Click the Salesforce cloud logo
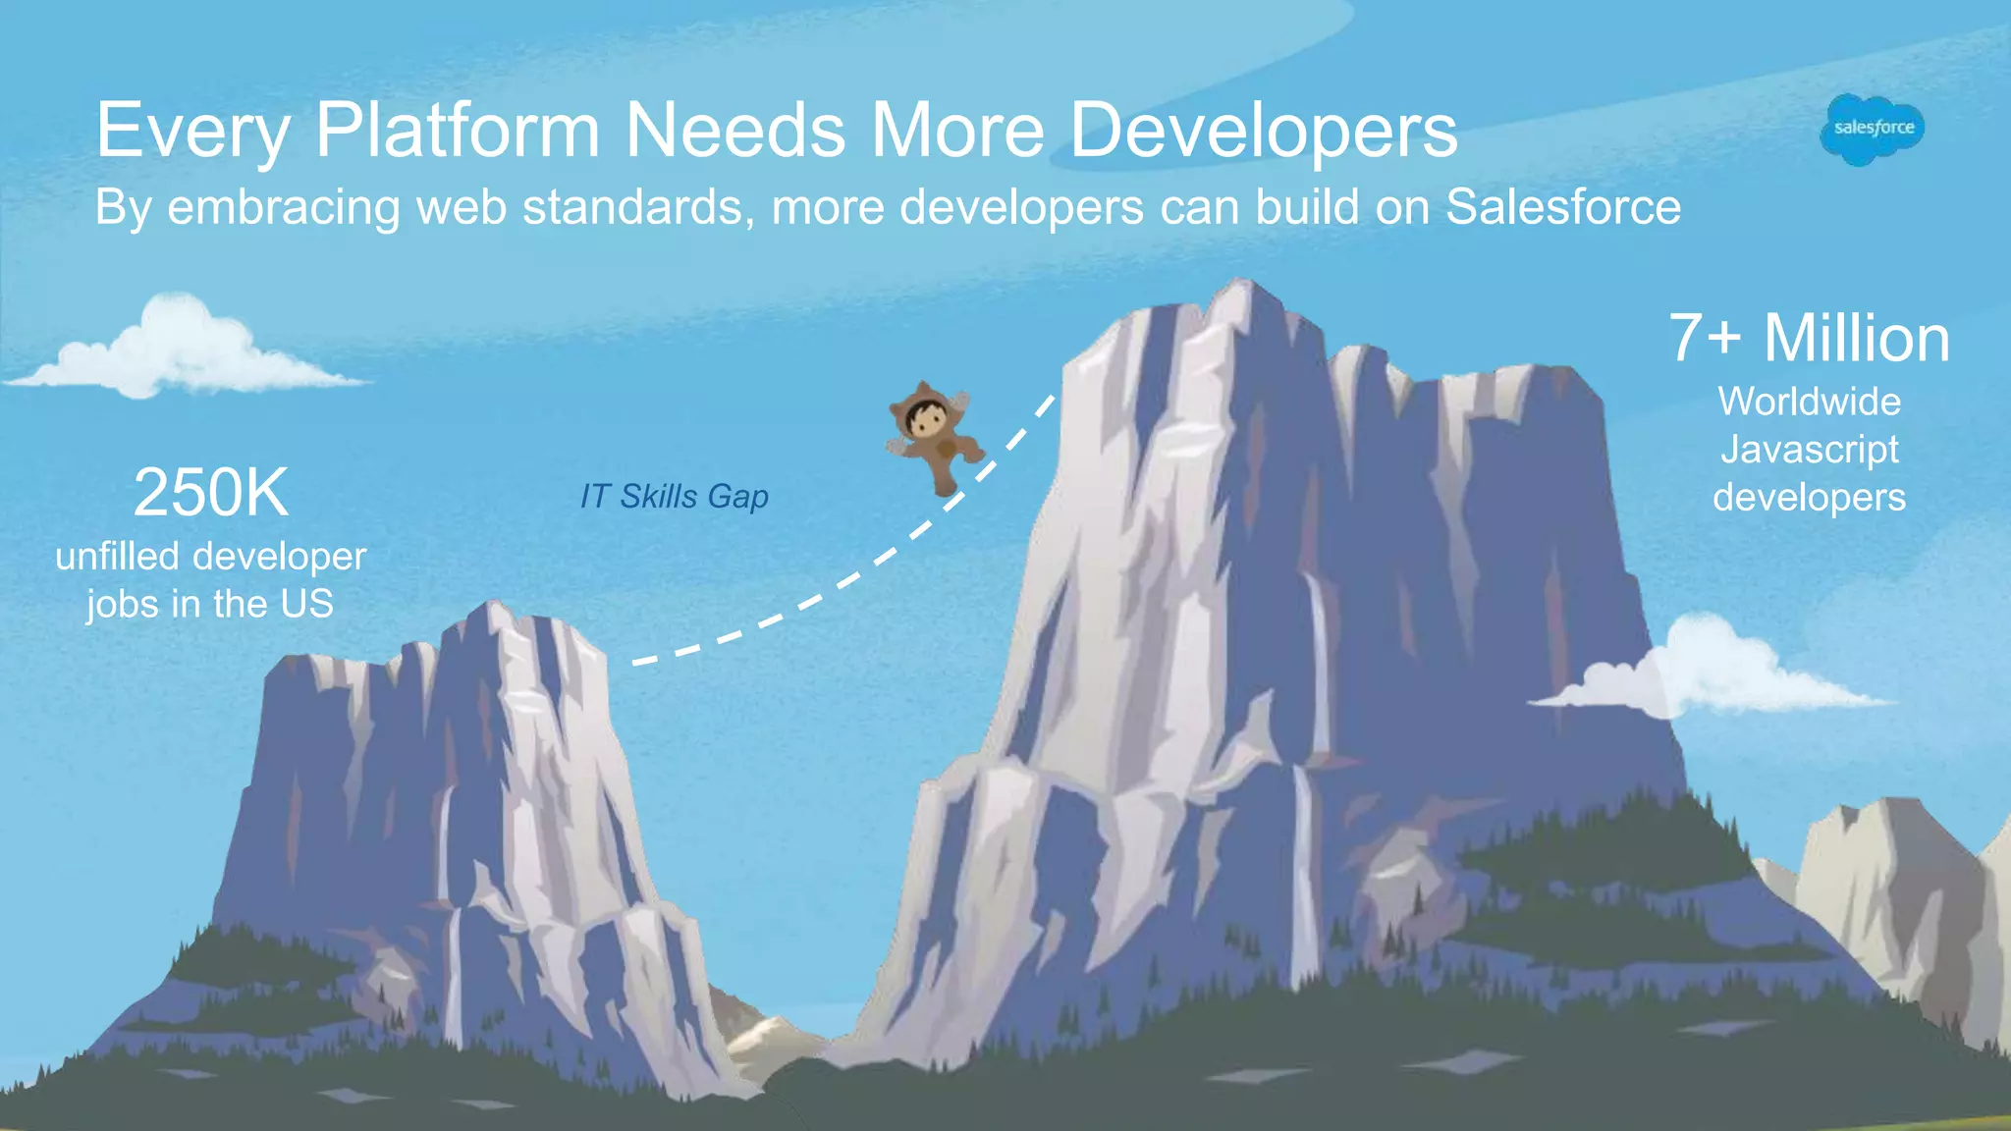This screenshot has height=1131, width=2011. pyautogui.click(x=1873, y=129)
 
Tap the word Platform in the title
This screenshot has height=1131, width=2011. pyautogui.click(x=457, y=131)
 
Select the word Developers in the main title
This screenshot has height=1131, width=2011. pyautogui.click(x=1263, y=131)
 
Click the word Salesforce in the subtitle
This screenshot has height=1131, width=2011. pyautogui.click(x=1563, y=207)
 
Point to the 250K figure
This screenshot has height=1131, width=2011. pyautogui.click(x=211, y=492)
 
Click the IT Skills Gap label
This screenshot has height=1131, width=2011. pyautogui.click(x=674, y=497)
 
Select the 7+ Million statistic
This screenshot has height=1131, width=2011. pyautogui.click(x=1809, y=339)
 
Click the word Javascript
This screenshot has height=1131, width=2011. pyautogui.click(x=1809, y=450)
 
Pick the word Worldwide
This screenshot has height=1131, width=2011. pyautogui.click(x=1809, y=402)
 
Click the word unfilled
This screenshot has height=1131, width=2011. pyautogui.click(x=117, y=557)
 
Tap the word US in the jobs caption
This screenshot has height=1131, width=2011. pyautogui.click(x=306, y=604)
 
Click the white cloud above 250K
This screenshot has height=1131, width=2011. pyautogui.click(x=182, y=351)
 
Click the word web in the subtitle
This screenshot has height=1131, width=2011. pyautogui.click(x=462, y=207)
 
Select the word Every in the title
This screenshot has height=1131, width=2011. pyautogui.click(x=192, y=131)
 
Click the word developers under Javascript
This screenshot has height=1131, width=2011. pyautogui.click(x=1809, y=498)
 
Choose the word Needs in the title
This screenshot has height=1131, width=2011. pyautogui.click(x=735, y=131)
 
